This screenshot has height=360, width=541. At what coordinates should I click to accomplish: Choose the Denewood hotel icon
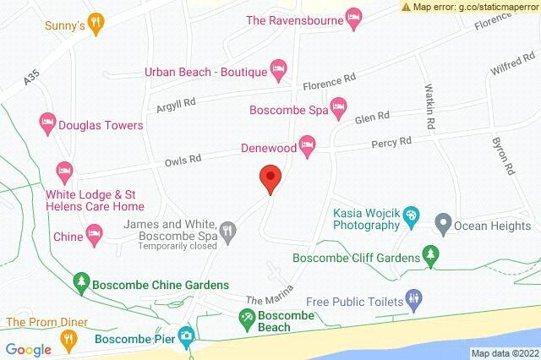click(x=308, y=144)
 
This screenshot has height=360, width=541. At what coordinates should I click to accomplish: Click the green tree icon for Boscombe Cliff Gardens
click(x=432, y=256)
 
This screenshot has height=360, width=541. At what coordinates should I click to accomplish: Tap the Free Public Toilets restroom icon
click(x=413, y=297)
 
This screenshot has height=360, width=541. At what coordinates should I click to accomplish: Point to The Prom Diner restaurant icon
click(x=69, y=339)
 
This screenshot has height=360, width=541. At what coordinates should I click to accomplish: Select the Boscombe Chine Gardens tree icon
click(x=81, y=280)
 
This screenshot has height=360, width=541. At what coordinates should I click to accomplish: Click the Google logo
click(x=29, y=349)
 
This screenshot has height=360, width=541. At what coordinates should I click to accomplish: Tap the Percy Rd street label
click(x=393, y=142)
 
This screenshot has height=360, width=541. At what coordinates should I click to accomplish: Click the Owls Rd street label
click(x=183, y=157)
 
